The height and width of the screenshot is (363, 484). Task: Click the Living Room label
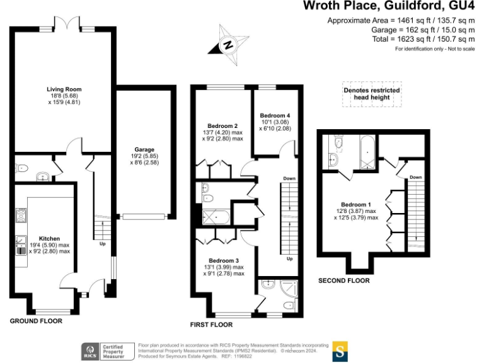[64, 89]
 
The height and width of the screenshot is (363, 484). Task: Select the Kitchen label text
[49, 239]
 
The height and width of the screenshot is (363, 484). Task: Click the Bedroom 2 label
[222, 125]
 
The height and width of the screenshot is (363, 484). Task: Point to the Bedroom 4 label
[275, 115]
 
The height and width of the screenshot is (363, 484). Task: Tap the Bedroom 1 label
[355, 205]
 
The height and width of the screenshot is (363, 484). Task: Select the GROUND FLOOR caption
[36, 321]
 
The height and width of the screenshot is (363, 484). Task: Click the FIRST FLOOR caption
[211, 325]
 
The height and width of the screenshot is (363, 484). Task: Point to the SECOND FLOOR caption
[343, 280]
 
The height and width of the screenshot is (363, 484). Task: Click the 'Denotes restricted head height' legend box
[372, 94]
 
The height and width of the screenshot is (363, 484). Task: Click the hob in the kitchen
[20, 216]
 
